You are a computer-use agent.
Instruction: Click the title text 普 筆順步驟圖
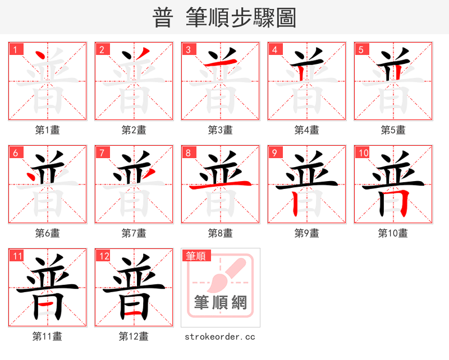click(224, 18)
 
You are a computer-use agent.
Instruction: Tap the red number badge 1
click(15, 49)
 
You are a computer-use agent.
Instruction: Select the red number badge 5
click(360, 49)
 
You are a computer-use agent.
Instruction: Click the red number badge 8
click(187, 153)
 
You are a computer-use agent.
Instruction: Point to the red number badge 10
click(363, 153)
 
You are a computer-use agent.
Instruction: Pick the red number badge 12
click(103, 256)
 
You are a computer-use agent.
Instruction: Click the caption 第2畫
click(134, 130)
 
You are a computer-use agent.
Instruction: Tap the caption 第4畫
click(306, 130)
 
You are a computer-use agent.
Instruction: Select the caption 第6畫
click(47, 233)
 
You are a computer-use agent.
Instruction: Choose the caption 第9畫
click(306, 233)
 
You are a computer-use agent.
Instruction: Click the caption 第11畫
click(47, 336)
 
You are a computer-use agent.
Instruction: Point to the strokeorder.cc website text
click(220, 336)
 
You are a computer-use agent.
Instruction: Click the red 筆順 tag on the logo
click(196, 256)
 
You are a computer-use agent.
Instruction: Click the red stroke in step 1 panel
click(40, 56)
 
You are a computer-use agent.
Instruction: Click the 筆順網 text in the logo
click(220, 303)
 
